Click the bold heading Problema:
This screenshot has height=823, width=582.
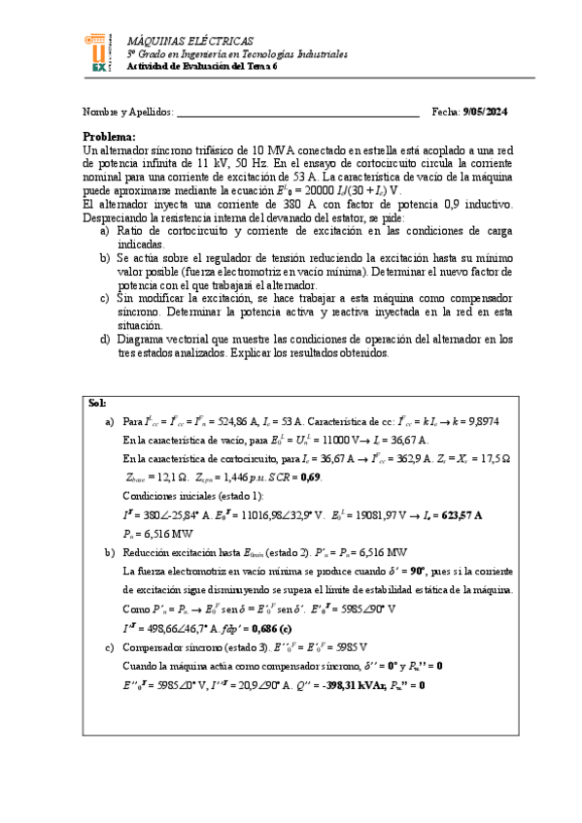(x=109, y=137)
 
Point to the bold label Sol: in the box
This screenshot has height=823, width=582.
(x=97, y=403)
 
